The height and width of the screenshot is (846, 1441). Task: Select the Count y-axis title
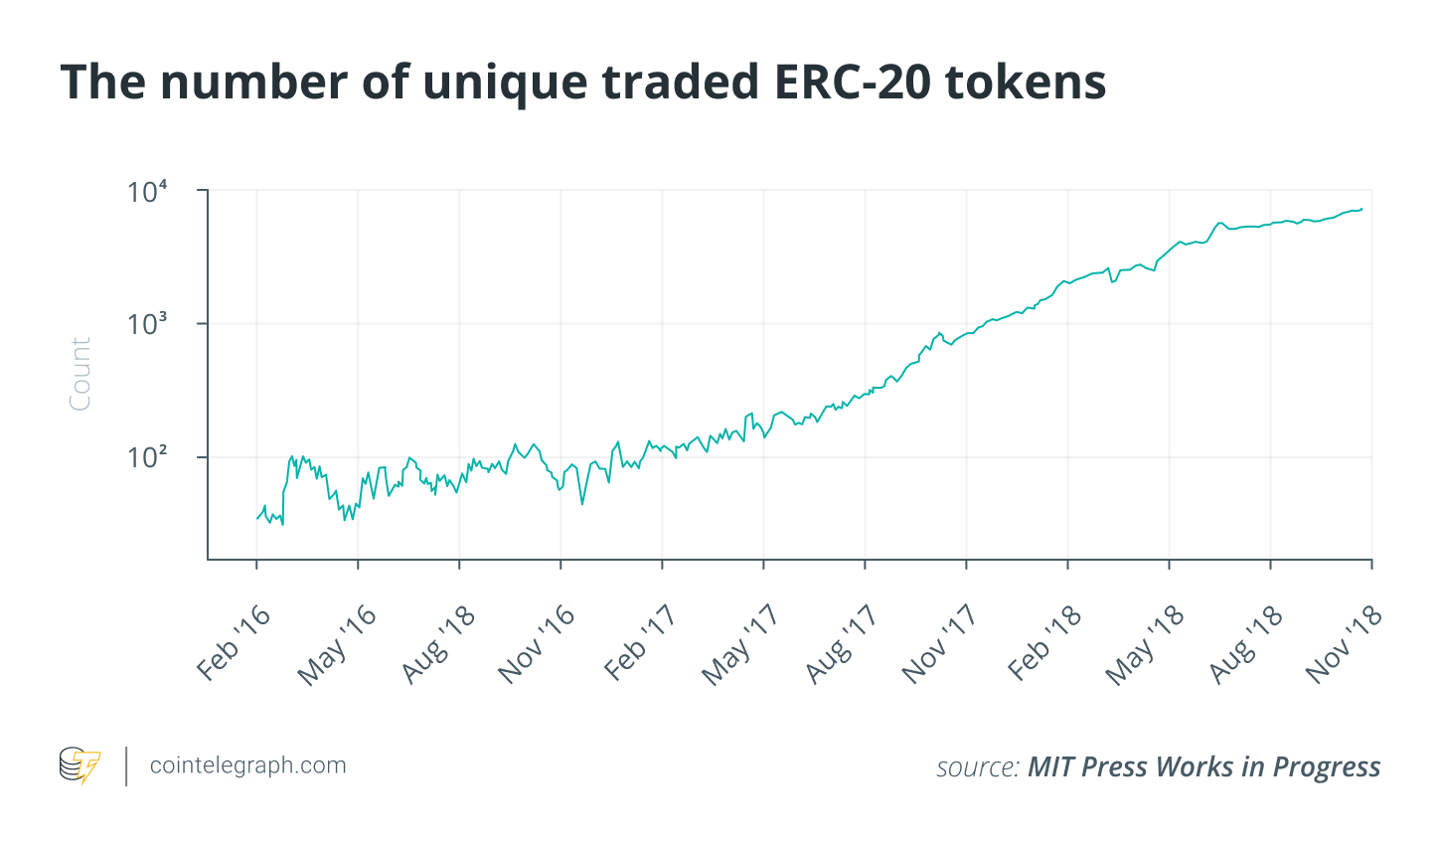click(80, 374)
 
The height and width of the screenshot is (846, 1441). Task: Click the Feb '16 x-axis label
click(234, 643)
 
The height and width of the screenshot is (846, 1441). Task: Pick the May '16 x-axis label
click(337, 645)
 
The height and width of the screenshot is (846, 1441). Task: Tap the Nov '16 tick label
click(538, 644)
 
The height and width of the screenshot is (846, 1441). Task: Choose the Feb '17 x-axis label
click(640, 643)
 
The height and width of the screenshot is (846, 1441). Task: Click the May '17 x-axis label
click(740, 645)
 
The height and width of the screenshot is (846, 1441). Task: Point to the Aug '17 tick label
click(843, 644)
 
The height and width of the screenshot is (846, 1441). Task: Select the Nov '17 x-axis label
click(941, 644)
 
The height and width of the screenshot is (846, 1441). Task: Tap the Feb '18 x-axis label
click(1044, 643)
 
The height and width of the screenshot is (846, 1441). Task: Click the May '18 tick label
click(1145, 645)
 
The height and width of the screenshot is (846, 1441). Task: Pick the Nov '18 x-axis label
click(1345, 644)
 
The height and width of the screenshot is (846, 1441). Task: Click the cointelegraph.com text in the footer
click(247, 765)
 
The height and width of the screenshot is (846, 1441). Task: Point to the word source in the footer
click(977, 767)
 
